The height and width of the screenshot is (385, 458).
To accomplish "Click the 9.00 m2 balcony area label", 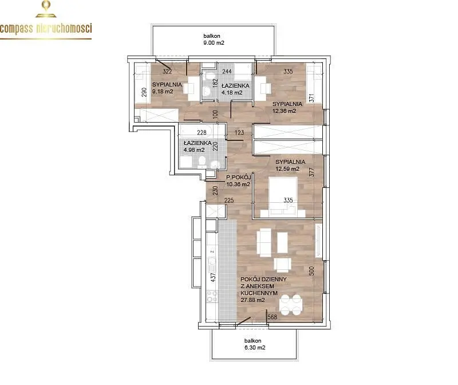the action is (x=214, y=42).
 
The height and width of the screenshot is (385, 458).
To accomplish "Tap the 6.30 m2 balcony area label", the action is (x=255, y=348).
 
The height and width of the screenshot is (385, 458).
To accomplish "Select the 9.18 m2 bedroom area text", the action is (x=163, y=92).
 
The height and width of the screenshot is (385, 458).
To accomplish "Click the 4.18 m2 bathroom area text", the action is (x=232, y=93).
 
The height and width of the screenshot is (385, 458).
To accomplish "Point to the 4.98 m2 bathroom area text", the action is (x=194, y=150).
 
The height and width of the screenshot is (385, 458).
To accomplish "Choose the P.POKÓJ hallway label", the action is (x=239, y=177).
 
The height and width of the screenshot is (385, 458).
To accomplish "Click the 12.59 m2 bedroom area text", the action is (x=287, y=168).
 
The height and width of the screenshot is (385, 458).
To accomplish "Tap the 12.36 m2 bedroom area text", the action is (x=284, y=111).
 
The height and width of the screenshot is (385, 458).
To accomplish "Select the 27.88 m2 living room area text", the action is (x=252, y=300).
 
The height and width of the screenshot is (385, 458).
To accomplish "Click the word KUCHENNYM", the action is (x=259, y=293).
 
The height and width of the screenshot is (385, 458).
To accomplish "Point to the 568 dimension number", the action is (x=273, y=317).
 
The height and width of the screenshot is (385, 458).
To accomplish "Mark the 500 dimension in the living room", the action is (x=311, y=270).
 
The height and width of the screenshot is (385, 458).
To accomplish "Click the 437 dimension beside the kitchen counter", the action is (x=213, y=277).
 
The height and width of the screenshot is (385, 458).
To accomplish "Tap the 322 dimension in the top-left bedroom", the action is (x=167, y=72).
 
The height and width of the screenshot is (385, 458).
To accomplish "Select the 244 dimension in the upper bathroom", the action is (x=227, y=72).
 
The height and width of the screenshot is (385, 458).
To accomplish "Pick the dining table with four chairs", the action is (x=291, y=305).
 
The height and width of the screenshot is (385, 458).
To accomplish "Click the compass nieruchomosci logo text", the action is (x=46, y=29).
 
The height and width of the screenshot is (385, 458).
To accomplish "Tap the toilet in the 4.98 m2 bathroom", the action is (x=202, y=162).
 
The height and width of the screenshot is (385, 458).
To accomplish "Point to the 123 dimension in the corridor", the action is (x=239, y=132).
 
